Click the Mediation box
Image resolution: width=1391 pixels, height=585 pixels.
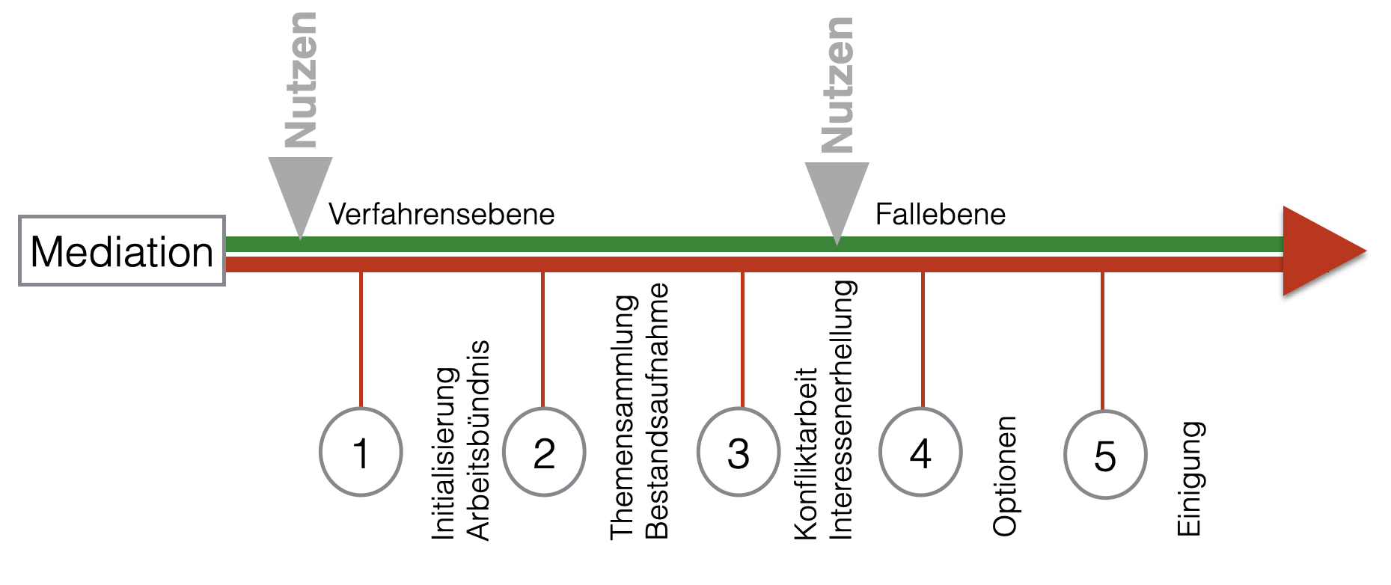122,251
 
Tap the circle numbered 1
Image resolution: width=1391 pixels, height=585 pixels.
361,452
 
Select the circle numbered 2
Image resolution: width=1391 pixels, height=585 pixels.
544,452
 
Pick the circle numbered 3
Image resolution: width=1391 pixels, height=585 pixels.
739,452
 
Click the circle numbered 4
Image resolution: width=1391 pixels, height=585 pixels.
920,452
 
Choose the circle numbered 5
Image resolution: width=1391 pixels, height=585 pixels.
1105,455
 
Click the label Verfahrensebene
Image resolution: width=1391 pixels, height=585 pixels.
441,215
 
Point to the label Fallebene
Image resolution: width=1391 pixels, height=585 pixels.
940,215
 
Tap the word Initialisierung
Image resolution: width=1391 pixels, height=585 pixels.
444,453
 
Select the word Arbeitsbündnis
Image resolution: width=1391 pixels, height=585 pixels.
478,440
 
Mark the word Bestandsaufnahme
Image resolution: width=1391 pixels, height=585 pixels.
656,411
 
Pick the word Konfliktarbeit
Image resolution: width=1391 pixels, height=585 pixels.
806,453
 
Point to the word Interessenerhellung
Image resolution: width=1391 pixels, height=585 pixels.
841,410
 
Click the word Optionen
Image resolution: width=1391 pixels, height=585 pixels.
1005,476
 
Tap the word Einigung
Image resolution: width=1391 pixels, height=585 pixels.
1190,479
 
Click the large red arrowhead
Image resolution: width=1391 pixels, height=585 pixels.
1318,251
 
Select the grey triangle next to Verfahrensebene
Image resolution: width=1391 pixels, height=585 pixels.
300,191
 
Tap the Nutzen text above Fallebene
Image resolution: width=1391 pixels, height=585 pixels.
837,85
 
